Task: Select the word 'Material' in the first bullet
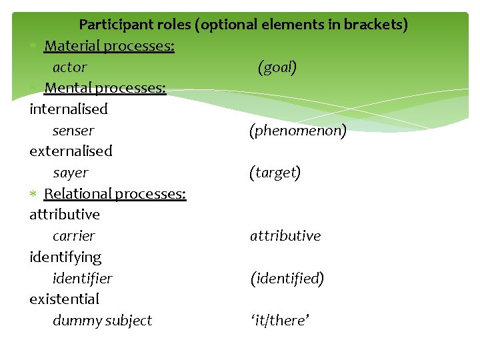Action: pos(71,46)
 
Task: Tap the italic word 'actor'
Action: pos(69,67)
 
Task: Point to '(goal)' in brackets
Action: pos(277,67)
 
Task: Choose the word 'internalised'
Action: pos(68,109)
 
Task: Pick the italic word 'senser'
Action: pos(73,131)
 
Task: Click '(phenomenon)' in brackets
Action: pos(298,131)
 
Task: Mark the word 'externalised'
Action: pos(71,151)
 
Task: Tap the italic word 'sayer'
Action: pos(71,173)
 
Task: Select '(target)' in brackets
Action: pos(275,173)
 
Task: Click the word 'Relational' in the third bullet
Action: pos(77,193)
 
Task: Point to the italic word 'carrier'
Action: pos(74,236)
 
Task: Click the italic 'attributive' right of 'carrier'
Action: pos(285,236)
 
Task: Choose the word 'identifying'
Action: pos(65,257)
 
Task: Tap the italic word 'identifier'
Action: pos(83,278)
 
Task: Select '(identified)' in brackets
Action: pos(287,278)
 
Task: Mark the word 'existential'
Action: pos(64,299)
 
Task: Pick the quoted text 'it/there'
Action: pos(280,321)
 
